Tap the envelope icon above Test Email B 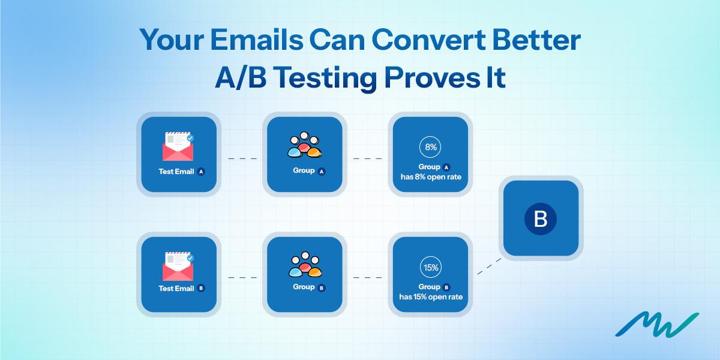[x=178, y=266]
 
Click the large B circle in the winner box [x=540, y=218]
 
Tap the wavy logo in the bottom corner [x=656, y=325]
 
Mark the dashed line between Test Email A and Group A [x=242, y=158]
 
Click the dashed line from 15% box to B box [x=489, y=267]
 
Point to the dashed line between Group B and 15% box [x=367, y=278]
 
